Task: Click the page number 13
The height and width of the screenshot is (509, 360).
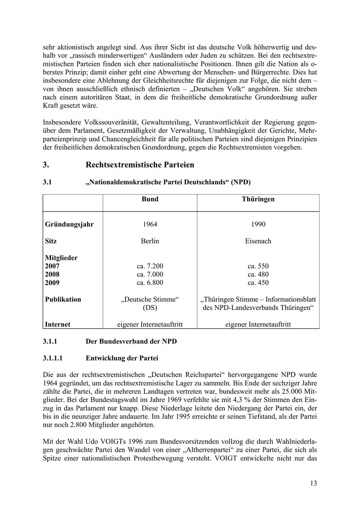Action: pos(313,483)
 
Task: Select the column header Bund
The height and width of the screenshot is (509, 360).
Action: pos(150,199)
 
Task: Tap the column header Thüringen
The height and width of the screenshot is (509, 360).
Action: pos(258,199)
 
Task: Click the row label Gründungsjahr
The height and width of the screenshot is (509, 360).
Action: pos(69,224)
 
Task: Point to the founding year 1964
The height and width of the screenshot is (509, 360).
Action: pos(150,224)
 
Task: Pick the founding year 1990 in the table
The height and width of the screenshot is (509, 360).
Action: pos(258,224)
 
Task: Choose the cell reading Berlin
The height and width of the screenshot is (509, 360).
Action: pos(150,241)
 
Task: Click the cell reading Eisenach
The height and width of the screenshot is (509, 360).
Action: pos(258,241)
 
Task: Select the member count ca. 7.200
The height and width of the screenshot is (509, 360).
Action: pos(150,266)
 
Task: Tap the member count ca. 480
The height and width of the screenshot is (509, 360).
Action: pos(258,275)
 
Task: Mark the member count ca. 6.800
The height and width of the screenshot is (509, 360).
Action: pos(150,283)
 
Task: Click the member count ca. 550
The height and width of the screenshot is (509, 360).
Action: pos(258,266)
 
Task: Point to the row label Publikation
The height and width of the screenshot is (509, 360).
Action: pos(63,299)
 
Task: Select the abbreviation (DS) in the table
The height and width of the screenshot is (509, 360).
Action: pos(150,308)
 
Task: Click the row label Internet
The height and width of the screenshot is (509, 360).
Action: pos(58,325)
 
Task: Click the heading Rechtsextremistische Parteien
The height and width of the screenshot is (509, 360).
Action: pos(140,165)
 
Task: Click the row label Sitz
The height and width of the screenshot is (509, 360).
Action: pos(51,241)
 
